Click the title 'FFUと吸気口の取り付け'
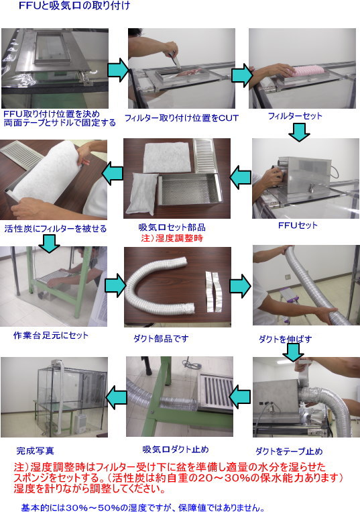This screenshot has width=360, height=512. [74, 7]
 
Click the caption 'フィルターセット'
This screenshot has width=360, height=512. [295, 116]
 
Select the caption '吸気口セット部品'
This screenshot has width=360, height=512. [172, 227]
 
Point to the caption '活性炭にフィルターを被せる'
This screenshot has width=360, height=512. [55, 228]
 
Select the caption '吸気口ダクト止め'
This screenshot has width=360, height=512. [176, 448]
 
